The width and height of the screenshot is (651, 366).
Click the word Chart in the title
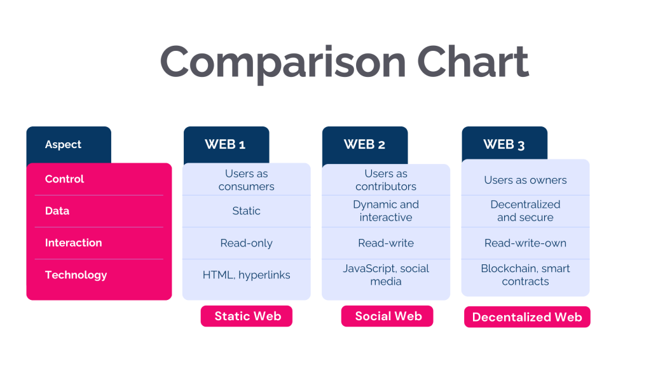coord(473,62)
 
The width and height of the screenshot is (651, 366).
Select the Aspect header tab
coord(64,144)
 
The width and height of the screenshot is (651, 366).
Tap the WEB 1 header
coord(225,144)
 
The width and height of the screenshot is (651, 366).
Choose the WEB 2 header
coord(364,144)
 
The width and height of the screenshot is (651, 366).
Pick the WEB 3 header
coord(504,144)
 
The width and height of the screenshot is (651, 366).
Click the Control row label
coord(64,179)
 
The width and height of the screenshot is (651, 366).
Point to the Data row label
coord(57,211)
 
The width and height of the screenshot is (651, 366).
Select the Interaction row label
coord(73,243)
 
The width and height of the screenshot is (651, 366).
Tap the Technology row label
coord(76,275)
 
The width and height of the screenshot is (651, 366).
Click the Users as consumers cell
coord(246,180)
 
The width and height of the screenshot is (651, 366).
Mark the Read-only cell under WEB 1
coord(246,243)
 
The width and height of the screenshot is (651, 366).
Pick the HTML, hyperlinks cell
coord(246,275)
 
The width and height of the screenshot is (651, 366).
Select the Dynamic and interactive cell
coord(386,211)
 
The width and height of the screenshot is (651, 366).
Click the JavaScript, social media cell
coord(386,275)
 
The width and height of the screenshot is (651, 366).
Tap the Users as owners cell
coord(525,180)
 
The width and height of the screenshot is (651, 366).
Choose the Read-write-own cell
coord(525,243)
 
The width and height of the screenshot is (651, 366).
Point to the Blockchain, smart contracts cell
coord(525,275)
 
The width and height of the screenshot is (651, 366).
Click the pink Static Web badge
coord(247,316)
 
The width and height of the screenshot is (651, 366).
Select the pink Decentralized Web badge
coord(526,317)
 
